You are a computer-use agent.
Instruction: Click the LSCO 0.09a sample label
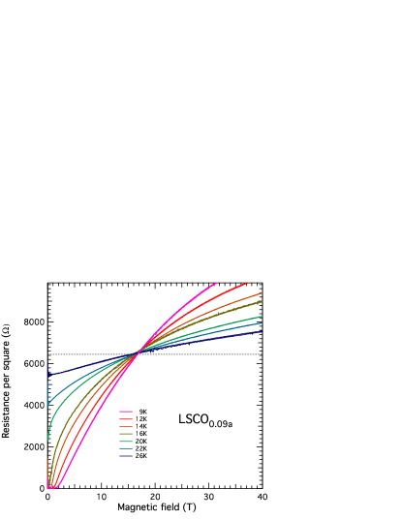click(x=204, y=419)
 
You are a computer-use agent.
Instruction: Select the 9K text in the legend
click(x=141, y=412)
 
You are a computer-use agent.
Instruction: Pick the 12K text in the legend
click(x=141, y=418)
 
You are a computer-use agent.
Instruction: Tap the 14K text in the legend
click(x=141, y=426)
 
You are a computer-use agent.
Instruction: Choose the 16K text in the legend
click(x=141, y=434)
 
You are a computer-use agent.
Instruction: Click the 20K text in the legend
click(x=141, y=441)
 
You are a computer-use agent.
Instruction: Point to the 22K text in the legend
click(x=141, y=448)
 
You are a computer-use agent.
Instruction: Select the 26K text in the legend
click(x=141, y=455)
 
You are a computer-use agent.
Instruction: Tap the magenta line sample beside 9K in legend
click(x=126, y=412)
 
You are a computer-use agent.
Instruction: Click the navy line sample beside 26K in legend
click(x=126, y=455)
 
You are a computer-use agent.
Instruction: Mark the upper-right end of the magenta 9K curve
click(x=216, y=283)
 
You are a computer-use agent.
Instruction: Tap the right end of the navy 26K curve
click(x=262, y=331)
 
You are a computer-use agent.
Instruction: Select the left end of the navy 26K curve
click(x=47, y=375)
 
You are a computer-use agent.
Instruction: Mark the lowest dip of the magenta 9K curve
click(x=54, y=487)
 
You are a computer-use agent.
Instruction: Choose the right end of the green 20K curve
click(x=262, y=316)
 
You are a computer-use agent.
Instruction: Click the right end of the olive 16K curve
click(x=262, y=301)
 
